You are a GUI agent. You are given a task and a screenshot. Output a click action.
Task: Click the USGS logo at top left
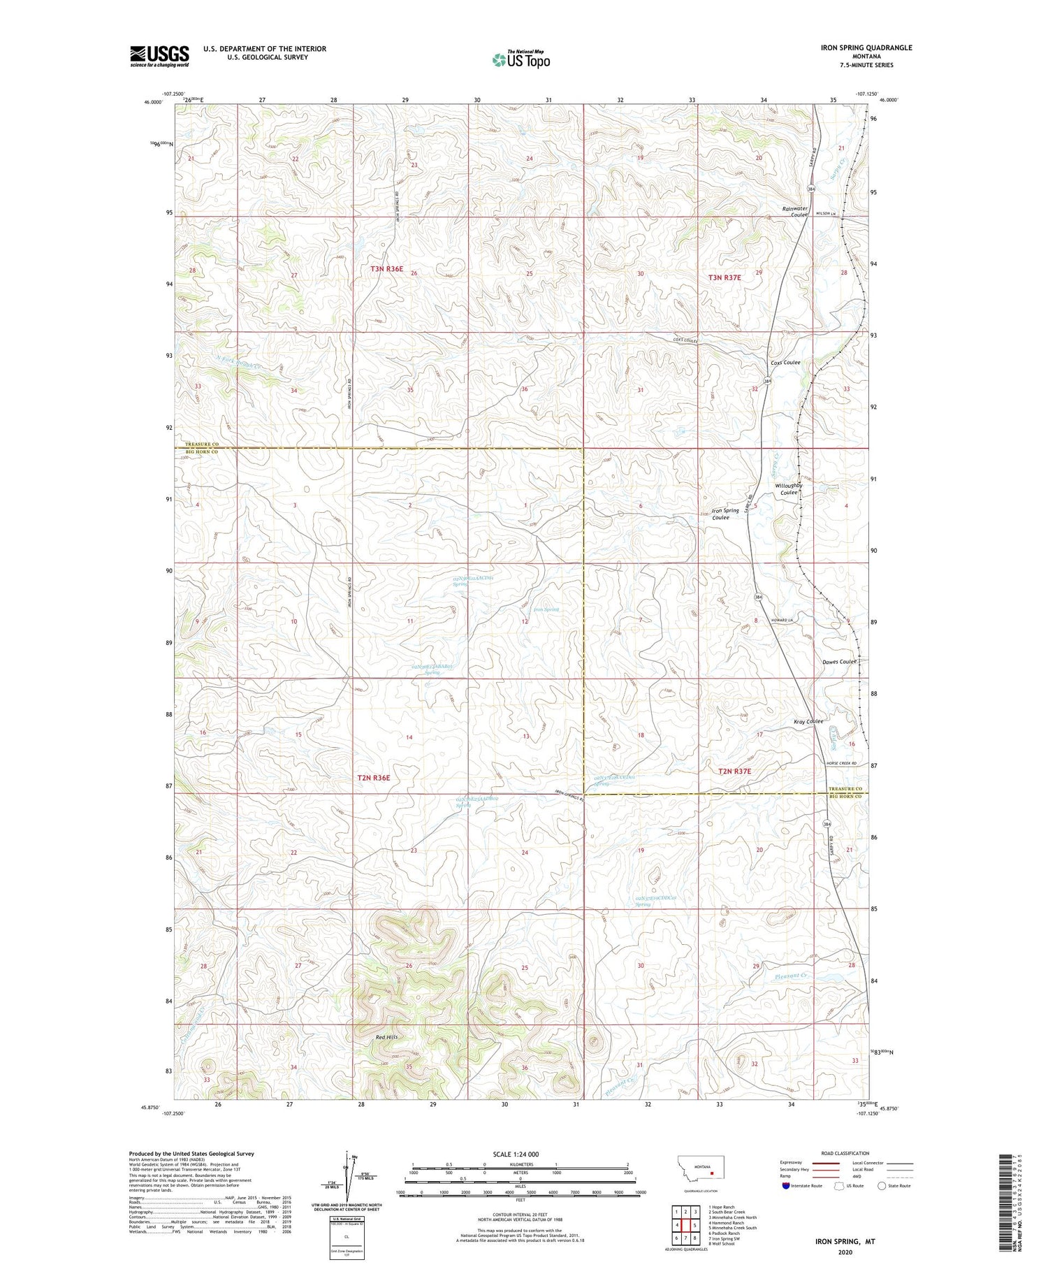tap(159, 56)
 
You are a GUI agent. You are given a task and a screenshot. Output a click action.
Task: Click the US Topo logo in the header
tap(521, 59)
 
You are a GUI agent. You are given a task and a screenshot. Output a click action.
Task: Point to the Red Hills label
tap(386, 1037)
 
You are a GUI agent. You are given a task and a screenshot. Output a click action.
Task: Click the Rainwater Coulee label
tap(795, 212)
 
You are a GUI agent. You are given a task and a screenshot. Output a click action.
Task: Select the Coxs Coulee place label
tap(785, 363)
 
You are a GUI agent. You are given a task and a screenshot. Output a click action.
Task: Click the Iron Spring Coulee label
tap(725, 514)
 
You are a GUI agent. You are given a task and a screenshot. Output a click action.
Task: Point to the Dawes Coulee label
tap(839, 662)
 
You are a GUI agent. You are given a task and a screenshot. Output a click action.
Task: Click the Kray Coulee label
tap(808, 721)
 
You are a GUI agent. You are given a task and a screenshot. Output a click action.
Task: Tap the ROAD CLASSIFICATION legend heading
tap(844, 1153)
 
